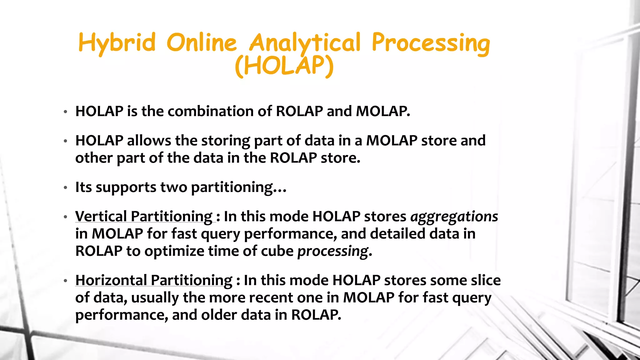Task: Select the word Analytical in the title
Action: tap(305, 43)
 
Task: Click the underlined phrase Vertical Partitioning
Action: tap(144, 217)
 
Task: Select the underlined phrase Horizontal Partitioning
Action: tap(154, 280)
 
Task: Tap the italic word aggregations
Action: tap(454, 217)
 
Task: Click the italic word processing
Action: tap(333, 251)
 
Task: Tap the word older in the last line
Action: tap(219, 315)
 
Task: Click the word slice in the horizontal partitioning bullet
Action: tap(486, 280)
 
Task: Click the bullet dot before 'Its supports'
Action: tap(65, 188)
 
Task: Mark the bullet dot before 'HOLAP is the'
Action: tap(65, 112)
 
